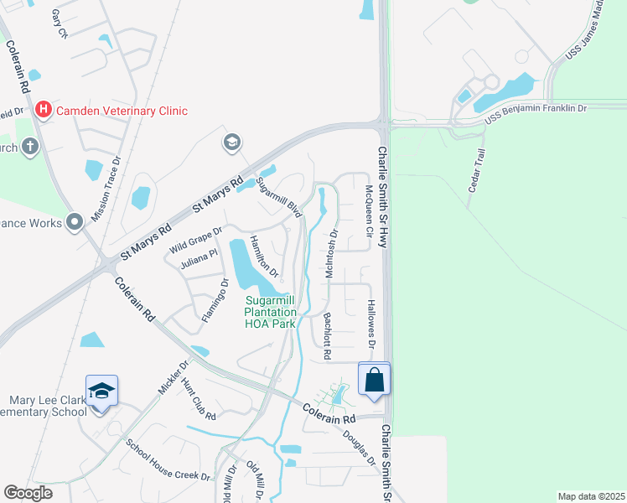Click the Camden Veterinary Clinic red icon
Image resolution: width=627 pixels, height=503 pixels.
point(43,110)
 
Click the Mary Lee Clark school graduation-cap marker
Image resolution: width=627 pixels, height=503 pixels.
point(101,391)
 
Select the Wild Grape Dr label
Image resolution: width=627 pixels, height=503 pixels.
point(196,239)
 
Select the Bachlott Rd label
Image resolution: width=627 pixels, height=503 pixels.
point(328,333)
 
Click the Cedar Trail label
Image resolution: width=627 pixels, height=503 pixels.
point(478,171)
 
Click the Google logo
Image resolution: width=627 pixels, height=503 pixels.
point(28,493)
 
